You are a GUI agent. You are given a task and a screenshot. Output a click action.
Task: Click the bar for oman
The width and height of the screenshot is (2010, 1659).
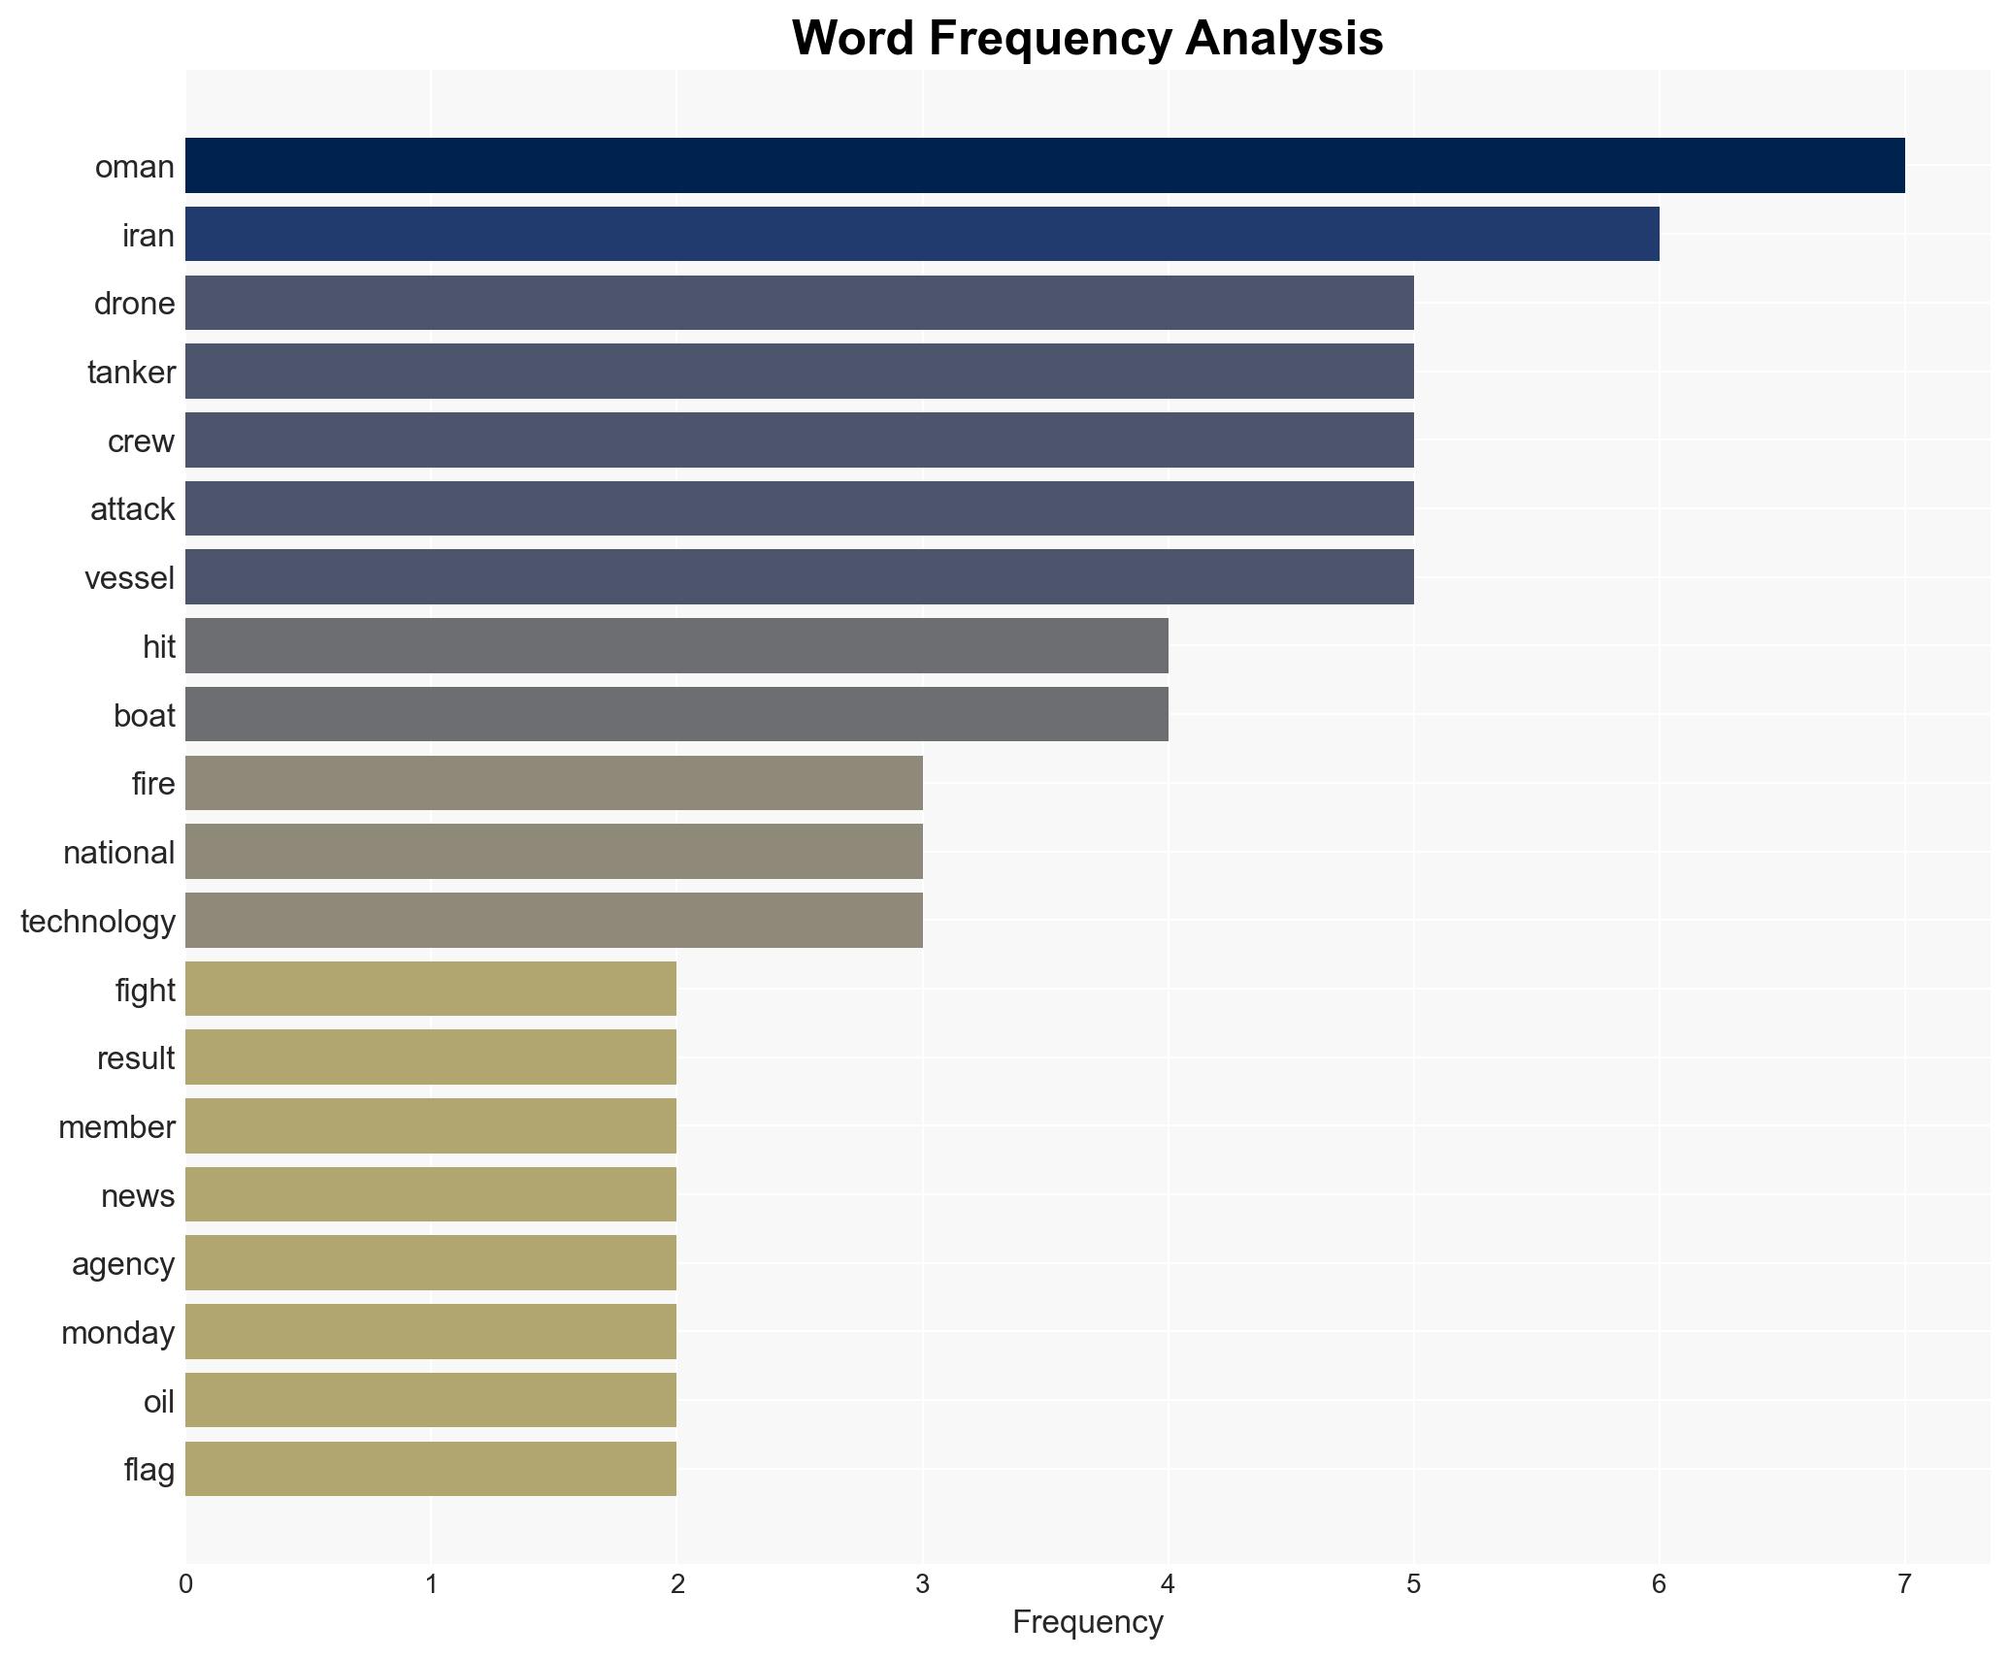click(x=1044, y=166)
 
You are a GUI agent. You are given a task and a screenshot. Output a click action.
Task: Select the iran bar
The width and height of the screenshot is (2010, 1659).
click(x=922, y=235)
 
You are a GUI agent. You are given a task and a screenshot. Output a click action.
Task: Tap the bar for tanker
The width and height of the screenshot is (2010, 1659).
click(x=799, y=372)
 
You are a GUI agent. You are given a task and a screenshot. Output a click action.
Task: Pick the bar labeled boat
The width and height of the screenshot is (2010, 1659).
click(x=676, y=715)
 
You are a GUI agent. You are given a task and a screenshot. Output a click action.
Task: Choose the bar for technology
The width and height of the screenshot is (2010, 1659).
click(x=553, y=921)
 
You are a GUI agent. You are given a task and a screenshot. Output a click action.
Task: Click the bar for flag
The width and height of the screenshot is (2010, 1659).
click(x=431, y=1469)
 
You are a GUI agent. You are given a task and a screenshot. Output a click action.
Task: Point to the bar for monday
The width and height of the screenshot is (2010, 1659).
click(x=431, y=1332)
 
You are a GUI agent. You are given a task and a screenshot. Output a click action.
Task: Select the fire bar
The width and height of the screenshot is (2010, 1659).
click(x=553, y=783)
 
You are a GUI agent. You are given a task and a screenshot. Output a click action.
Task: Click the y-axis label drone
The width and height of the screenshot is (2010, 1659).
click(x=134, y=304)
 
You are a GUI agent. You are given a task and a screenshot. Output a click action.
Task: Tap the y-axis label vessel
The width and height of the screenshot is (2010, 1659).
click(x=129, y=578)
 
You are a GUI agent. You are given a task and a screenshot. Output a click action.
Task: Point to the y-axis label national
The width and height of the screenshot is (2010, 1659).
click(x=118, y=853)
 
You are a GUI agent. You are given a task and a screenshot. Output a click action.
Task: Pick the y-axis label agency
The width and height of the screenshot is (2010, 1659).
click(x=122, y=1264)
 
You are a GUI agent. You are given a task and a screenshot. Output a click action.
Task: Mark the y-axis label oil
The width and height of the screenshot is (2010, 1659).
click(x=158, y=1401)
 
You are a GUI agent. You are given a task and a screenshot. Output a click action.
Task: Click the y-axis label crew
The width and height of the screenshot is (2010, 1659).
click(x=141, y=441)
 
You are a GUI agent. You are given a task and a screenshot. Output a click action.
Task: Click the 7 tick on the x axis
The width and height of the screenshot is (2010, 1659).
click(x=1904, y=1586)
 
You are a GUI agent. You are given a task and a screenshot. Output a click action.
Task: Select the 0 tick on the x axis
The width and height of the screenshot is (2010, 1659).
click(x=185, y=1586)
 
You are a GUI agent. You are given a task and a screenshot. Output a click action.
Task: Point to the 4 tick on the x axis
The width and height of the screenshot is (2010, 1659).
click(x=1168, y=1586)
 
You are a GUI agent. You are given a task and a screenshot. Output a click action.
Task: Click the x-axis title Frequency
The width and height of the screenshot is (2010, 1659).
click(x=1087, y=1623)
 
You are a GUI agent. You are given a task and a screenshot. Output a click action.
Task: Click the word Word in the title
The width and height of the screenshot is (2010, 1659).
click(x=855, y=39)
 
